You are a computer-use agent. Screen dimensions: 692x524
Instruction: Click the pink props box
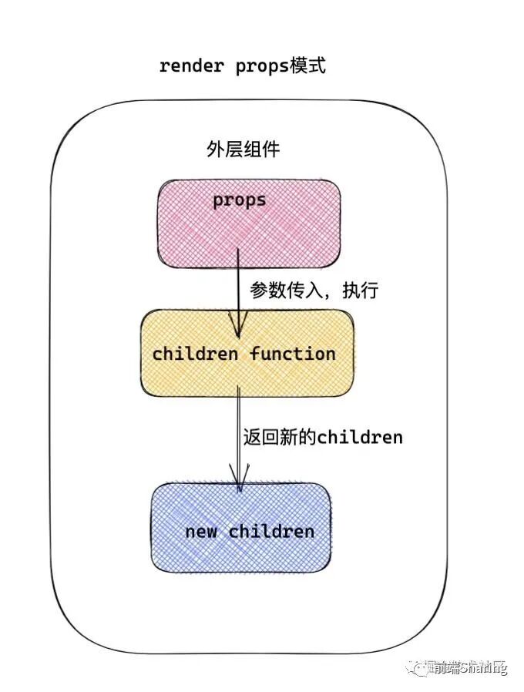click(248, 223)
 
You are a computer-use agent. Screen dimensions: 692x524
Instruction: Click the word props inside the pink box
click(240, 200)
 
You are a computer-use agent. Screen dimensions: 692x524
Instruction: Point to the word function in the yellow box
click(293, 354)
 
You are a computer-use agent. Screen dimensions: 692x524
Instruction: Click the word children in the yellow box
click(196, 354)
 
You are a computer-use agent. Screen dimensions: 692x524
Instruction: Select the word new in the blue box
click(201, 531)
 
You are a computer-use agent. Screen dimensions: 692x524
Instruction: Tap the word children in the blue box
click(271, 531)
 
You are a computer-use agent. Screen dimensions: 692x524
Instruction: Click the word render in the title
click(191, 66)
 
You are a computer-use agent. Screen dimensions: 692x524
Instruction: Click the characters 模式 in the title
click(307, 66)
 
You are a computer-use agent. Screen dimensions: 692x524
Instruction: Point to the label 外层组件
click(242, 149)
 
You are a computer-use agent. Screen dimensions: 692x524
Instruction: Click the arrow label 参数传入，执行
click(314, 291)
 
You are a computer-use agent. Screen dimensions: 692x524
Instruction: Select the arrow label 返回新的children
click(322, 437)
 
